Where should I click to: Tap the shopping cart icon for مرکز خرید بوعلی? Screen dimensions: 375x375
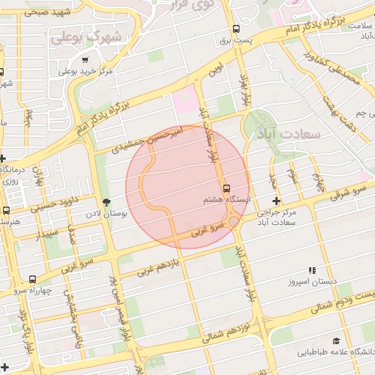click(86, 60)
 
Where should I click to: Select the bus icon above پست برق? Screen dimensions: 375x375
click(235, 29)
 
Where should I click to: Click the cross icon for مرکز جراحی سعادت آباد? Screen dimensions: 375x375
click(276, 201)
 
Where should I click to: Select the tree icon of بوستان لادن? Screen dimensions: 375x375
click(107, 202)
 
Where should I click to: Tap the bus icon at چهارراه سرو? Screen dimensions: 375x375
click(32, 279)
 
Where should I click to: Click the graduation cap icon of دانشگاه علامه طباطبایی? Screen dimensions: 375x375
click(336, 341)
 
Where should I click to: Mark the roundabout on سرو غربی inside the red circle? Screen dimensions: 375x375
click(233, 220)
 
